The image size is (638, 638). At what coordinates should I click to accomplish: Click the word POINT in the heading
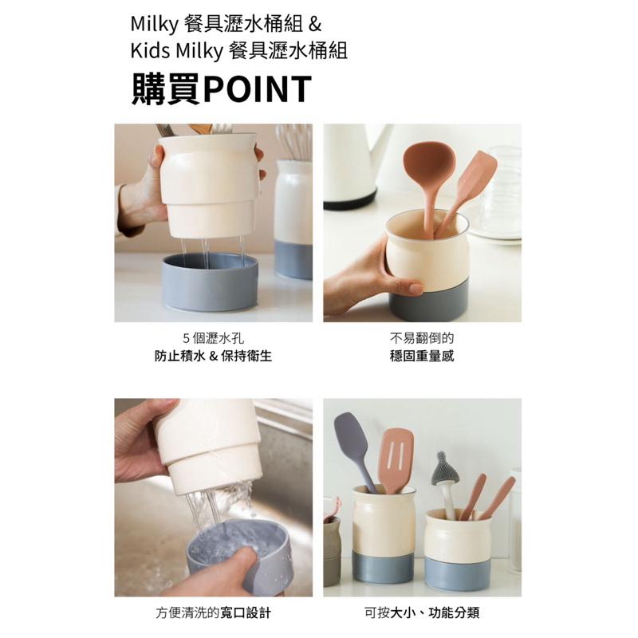pos(257,89)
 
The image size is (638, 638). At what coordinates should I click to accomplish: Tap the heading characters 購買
pos(166,89)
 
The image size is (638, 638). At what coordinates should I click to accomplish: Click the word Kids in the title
pos(148,52)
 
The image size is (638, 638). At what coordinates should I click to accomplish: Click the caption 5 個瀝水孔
pos(213,337)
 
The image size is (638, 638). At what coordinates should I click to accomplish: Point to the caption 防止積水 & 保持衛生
pos(213,356)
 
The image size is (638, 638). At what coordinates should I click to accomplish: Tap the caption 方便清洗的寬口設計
pos(213,613)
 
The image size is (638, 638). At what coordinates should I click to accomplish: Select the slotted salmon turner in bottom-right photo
pos(396,458)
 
